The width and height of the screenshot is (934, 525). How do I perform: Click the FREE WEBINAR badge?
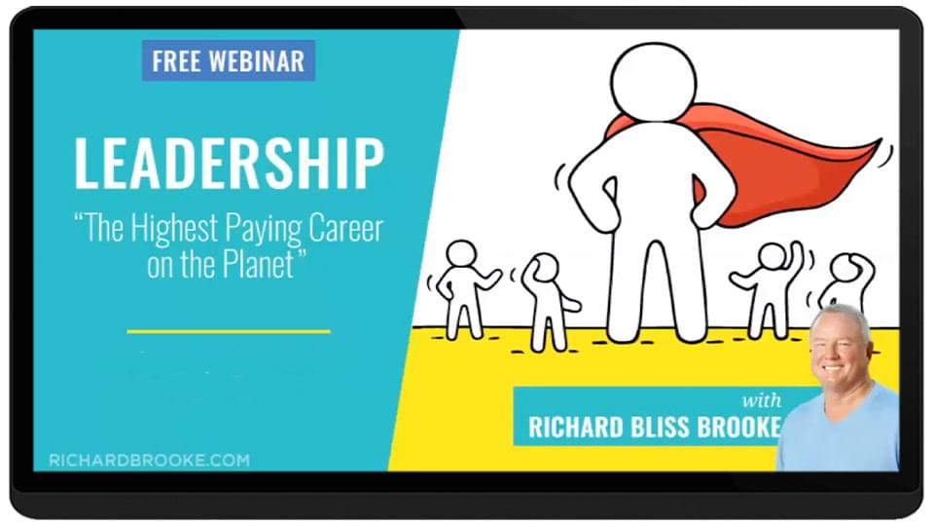pos(228,60)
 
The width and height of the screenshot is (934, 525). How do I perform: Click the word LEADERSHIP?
pos(230,164)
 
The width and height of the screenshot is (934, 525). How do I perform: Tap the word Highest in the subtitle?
pos(174,230)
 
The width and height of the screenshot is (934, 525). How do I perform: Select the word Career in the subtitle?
pos(345,229)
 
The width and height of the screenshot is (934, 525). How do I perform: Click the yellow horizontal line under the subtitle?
pos(229,331)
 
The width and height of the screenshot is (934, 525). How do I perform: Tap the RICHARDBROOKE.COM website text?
pos(150,461)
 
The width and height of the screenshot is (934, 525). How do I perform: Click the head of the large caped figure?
pos(654,81)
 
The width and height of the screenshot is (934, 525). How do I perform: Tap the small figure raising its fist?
pos(770,287)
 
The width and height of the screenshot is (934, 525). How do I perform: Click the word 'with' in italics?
pos(762,399)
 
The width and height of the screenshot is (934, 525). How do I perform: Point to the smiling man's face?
pos(840,349)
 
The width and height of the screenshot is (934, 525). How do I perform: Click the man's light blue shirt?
pos(840,432)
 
